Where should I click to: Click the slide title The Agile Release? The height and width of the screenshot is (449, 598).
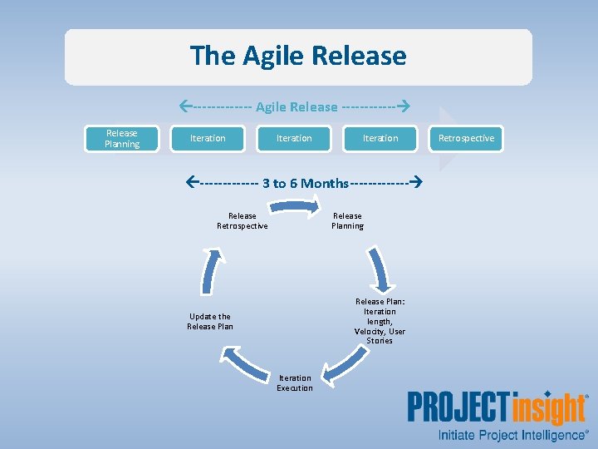[x=298, y=56]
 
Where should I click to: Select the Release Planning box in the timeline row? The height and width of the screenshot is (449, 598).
[x=121, y=138]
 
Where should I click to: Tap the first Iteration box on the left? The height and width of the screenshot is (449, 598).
[x=208, y=138]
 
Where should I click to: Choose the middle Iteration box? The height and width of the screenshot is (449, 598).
[x=294, y=138]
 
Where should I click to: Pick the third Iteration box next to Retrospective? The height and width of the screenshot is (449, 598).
[x=380, y=138]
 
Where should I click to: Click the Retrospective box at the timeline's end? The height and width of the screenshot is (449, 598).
[x=466, y=138]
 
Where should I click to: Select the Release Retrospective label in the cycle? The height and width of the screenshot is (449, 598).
[x=243, y=221]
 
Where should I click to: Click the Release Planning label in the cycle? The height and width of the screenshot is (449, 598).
[x=347, y=221]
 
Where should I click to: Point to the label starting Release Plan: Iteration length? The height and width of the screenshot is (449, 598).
[x=380, y=321]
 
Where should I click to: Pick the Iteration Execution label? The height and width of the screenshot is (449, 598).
[x=295, y=382]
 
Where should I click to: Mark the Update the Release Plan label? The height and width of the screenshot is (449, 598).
[x=210, y=321]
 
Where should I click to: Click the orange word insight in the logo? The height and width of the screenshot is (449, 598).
[x=549, y=409]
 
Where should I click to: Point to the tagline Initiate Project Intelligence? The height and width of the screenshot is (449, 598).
[x=512, y=435]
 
